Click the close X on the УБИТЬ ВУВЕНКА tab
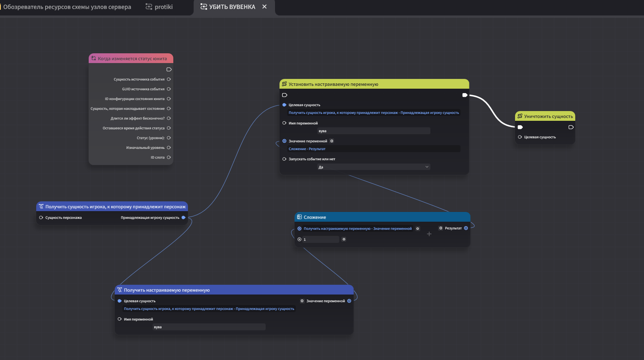point(264,7)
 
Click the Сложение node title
point(315,217)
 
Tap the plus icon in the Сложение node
point(429,234)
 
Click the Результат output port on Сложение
point(466,228)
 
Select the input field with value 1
point(321,240)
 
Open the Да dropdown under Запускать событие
point(373,167)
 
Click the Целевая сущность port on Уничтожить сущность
point(520,137)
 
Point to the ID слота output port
point(169,157)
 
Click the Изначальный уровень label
point(145,148)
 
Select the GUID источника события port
point(169,89)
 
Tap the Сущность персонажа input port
point(41,218)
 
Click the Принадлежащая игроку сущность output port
point(183,218)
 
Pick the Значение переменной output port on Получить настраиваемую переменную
point(349,301)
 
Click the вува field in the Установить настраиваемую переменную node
point(373,131)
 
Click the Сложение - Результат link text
point(307,149)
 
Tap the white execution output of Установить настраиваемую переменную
point(465,95)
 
